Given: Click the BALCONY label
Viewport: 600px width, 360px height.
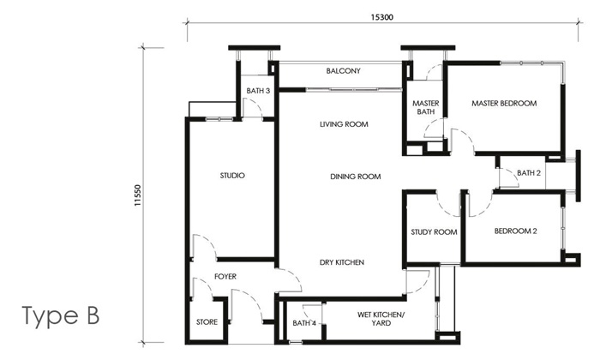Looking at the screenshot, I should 343,71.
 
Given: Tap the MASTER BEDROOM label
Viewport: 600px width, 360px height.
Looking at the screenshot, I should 504,104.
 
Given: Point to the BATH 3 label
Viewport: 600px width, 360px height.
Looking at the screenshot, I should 258,90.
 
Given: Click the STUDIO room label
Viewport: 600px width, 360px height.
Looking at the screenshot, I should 232,176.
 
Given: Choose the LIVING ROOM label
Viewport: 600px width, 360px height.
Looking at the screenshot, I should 344,124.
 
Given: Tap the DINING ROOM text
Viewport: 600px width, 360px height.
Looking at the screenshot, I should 355,177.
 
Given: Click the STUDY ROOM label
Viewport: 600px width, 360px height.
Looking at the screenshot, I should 433,231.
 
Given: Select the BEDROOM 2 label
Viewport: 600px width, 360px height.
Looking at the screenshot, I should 516,231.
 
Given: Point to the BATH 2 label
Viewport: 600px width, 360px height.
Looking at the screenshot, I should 529,173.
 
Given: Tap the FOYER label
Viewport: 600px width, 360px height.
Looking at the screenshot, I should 225,276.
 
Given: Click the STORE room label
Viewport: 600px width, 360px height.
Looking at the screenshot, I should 207,322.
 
